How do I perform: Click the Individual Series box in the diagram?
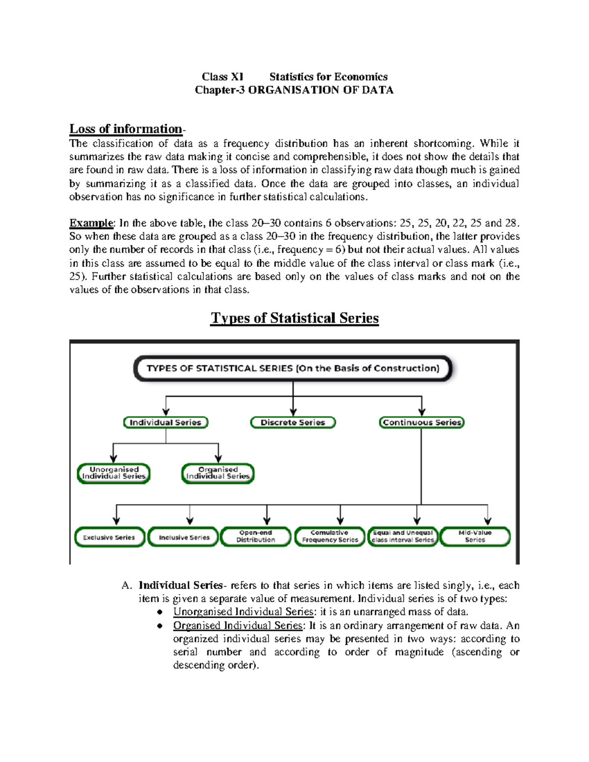click(x=165, y=422)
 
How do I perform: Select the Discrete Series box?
click(x=293, y=422)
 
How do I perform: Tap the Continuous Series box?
click(x=422, y=422)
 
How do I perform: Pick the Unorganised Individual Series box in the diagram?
click(x=114, y=473)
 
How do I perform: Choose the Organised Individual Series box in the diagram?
click(x=218, y=473)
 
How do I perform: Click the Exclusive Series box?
click(x=109, y=537)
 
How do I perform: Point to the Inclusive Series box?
click(x=184, y=537)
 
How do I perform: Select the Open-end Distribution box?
click(x=256, y=536)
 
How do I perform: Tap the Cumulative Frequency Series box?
click(x=330, y=536)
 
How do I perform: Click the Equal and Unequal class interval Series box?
click(x=403, y=536)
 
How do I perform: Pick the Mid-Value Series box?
click(x=475, y=536)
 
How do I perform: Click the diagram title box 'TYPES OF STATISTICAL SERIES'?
click(x=293, y=368)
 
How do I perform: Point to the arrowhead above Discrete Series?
click(x=293, y=411)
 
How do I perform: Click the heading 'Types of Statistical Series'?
click(x=294, y=318)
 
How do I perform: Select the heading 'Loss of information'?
click(x=126, y=129)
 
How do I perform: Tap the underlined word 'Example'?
click(x=91, y=223)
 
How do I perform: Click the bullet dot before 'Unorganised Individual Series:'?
click(x=160, y=612)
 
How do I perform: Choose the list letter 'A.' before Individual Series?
click(x=127, y=585)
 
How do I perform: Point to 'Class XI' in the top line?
click(x=222, y=77)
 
